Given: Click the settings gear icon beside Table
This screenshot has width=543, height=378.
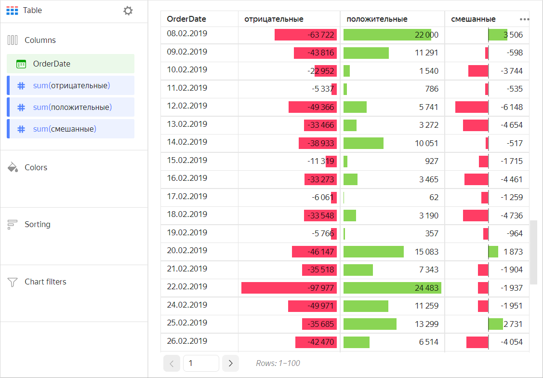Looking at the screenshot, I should (128, 11).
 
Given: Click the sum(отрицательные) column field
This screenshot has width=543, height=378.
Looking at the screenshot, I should (71, 85).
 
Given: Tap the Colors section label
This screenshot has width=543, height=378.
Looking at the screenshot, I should (36, 167).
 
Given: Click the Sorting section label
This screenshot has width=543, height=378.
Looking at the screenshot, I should (37, 224).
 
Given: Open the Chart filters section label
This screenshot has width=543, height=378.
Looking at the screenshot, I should (45, 282).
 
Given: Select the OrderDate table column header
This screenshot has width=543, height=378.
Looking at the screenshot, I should (186, 19).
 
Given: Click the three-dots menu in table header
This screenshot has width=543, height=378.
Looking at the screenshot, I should (524, 19).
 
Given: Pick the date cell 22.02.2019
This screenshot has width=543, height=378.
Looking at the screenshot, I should (187, 287).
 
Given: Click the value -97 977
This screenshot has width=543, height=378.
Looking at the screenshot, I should (320, 288).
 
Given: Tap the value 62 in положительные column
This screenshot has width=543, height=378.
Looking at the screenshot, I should (434, 197).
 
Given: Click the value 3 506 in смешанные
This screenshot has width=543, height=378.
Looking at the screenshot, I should (513, 35).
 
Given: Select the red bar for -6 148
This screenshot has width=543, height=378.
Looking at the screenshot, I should (471, 107).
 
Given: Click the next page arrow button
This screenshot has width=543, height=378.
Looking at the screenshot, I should (230, 363).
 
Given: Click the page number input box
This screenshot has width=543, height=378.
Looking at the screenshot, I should (200, 363).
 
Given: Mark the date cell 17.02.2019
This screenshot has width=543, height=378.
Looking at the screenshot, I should (187, 196).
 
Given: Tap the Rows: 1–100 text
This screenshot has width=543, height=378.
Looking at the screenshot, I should (278, 363).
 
